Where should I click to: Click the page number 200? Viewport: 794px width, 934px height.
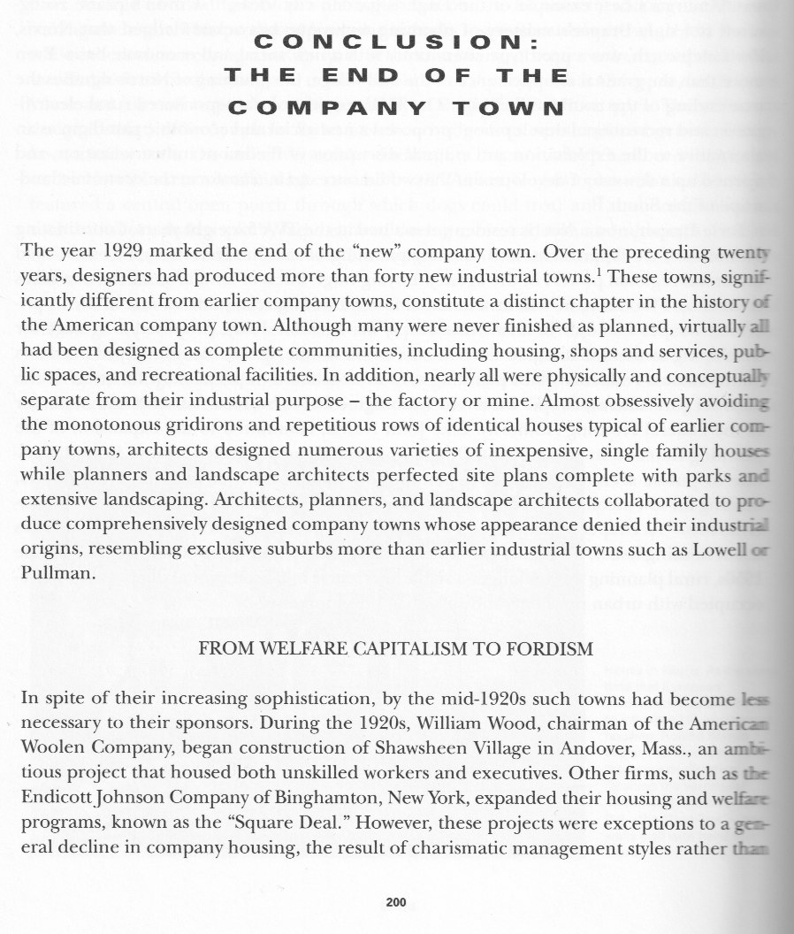coord(395,903)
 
